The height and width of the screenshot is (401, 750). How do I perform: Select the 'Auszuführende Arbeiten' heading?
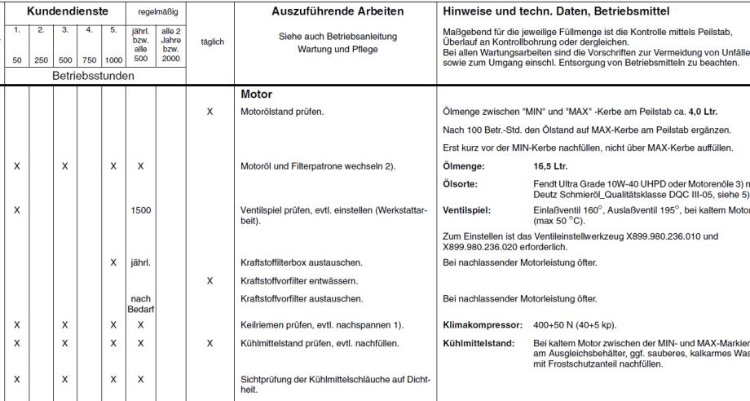[x=335, y=12]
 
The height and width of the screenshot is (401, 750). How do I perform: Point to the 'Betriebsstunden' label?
[x=93, y=75]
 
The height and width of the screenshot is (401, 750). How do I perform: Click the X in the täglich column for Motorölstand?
[x=210, y=112]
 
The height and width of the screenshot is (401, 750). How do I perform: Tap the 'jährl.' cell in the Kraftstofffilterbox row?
[x=141, y=262]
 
